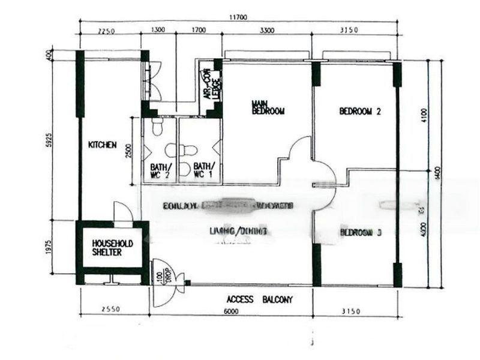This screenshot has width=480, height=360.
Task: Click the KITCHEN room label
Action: [x=102, y=145]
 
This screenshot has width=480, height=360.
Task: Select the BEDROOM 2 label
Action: [x=361, y=111]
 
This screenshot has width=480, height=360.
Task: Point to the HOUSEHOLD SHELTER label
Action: [x=112, y=248]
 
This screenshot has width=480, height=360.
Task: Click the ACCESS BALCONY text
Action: [x=259, y=299]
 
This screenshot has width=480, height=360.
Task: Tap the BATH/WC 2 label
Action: [x=160, y=170]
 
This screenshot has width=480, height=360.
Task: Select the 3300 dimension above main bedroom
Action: [x=266, y=31]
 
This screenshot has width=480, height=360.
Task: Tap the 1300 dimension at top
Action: [x=158, y=31]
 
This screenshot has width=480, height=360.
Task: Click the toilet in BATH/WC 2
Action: [x=157, y=128]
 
